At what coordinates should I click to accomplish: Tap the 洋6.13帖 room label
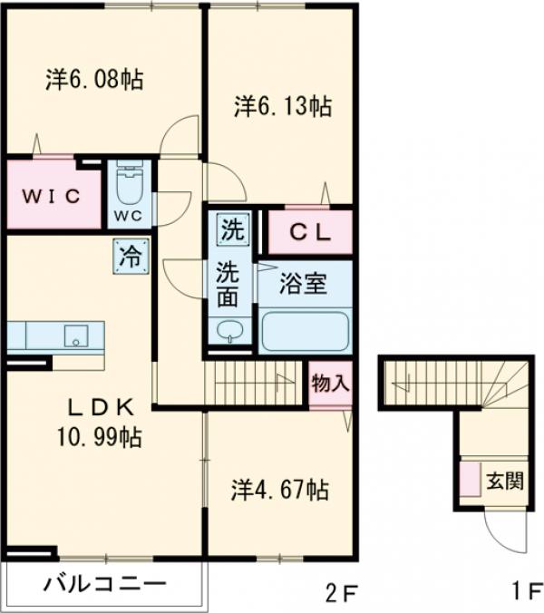click(x=282, y=106)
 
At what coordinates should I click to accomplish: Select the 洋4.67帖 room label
click(x=277, y=491)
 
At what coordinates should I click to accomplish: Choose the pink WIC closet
click(x=52, y=195)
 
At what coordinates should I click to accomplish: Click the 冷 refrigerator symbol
click(x=131, y=255)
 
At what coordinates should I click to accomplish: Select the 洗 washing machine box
click(x=233, y=229)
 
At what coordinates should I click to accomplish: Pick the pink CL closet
click(x=309, y=232)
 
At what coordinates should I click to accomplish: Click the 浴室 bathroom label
click(x=303, y=284)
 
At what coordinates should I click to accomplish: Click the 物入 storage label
click(x=330, y=382)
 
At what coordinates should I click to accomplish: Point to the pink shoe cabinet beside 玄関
click(x=470, y=480)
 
